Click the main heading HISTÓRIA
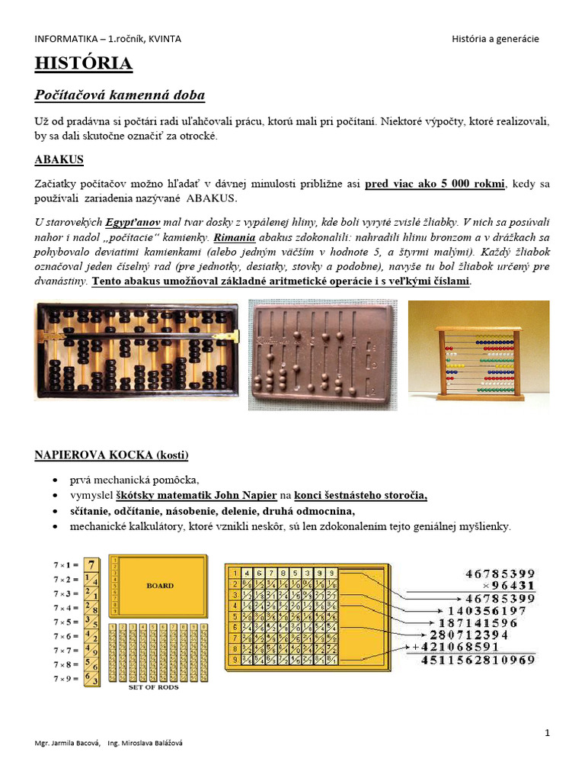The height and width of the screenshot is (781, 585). point(84,64)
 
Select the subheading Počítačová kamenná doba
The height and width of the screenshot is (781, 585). point(120,95)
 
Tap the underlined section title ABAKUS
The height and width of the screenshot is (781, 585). point(59,159)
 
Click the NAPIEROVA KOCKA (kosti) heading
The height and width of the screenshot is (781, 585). point(111,455)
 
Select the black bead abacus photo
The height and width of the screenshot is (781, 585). point(137,350)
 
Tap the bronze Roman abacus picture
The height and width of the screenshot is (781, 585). point(322,354)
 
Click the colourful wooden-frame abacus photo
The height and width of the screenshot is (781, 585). point(478,351)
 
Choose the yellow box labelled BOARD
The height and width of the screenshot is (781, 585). point(160,586)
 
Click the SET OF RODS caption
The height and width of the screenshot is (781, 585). point(155,687)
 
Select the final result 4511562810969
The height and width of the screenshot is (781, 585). point(478,660)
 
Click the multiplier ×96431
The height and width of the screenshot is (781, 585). point(508,586)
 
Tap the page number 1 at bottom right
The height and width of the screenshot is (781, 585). point(547,733)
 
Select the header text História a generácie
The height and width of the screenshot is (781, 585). point(495,39)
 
